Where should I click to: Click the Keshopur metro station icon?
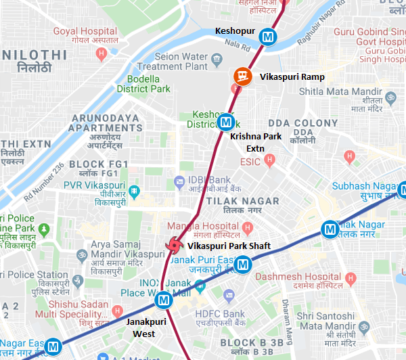[x=269, y=37]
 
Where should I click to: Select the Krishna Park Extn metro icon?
[x=226, y=122]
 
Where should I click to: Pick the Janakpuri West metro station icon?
[x=162, y=300]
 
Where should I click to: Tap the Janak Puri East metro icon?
[x=244, y=265]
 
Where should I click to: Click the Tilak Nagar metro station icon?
[x=330, y=229]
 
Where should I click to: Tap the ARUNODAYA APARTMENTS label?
[x=105, y=122]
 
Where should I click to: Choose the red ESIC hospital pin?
[x=270, y=160]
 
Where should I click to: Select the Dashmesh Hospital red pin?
[x=350, y=277]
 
